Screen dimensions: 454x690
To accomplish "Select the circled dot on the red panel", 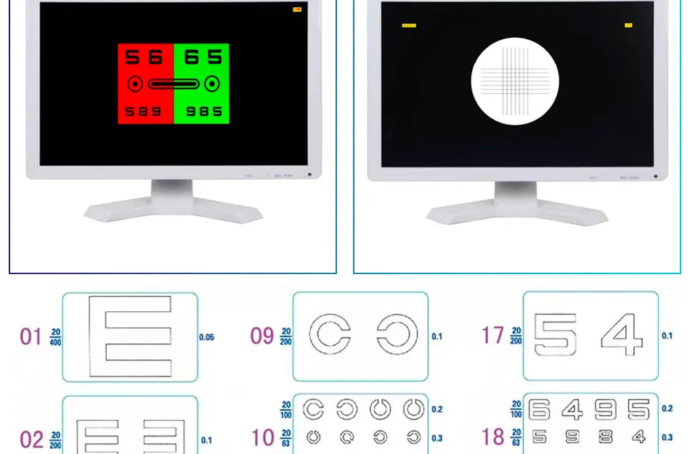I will [134, 84].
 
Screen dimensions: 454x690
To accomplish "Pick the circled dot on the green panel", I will [211, 84].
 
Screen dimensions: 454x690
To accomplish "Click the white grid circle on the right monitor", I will [515, 81].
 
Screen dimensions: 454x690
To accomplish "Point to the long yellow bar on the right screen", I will [409, 25].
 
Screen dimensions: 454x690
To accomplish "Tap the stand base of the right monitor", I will [516, 212].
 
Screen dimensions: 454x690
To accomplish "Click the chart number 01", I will [31, 337].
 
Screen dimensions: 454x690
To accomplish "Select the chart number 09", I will [261, 337].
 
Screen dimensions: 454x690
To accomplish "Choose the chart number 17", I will [492, 336].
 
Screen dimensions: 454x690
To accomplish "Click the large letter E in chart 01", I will [130, 337].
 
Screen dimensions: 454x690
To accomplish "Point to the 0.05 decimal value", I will [207, 337].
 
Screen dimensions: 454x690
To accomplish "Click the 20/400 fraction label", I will [56, 337].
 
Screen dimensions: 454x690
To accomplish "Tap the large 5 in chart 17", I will [556, 335].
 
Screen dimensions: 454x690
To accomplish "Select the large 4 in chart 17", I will [622, 335].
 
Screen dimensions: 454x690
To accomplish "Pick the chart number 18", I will [492, 437].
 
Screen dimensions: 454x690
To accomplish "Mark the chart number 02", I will [31, 440].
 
